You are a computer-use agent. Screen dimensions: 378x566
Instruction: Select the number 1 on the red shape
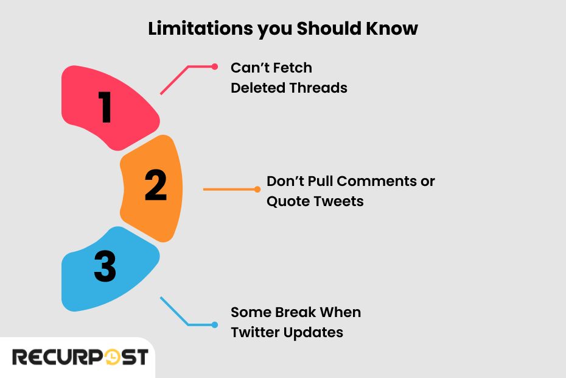pyautogui.click(x=105, y=108)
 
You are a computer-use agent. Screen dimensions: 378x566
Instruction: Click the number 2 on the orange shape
pyautogui.click(x=155, y=186)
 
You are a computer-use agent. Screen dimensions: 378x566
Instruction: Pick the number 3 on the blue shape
pyautogui.click(x=105, y=268)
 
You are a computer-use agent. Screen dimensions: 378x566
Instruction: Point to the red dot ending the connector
pyautogui.click(x=214, y=67)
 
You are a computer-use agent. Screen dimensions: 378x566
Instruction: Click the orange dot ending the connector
pyautogui.click(x=257, y=189)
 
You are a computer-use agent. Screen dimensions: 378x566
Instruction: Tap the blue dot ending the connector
pyautogui.click(x=214, y=324)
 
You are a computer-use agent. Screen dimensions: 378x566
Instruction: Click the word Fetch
pyautogui.click(x=292, y=68)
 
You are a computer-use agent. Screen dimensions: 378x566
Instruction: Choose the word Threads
pyautogui.click(x=318, y=88)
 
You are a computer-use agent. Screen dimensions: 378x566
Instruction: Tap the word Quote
pyautogui.click(x=288, y=201)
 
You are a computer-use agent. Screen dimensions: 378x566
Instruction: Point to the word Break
pyautogui.click(x=295, y=312)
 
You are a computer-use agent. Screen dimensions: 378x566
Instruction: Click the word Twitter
pyautogui.click(x=256, y=332)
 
